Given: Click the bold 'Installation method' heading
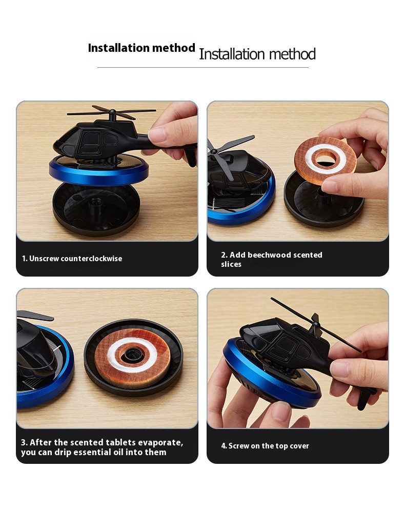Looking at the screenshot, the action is click(141, 48).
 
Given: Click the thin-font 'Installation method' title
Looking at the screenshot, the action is click(257, 54).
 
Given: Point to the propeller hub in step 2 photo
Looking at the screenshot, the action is click(214, 151).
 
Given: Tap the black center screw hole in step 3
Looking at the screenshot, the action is click(133, 354).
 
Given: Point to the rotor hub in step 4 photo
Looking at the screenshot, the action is click(316, 323).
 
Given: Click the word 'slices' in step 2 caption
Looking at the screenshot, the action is click(231, 264).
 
